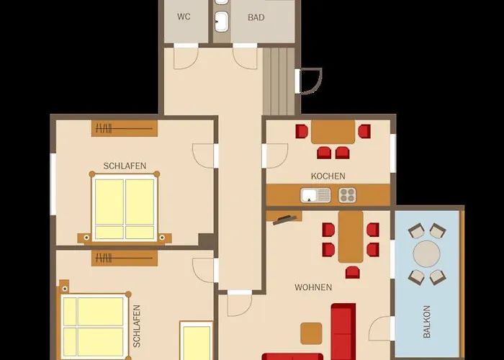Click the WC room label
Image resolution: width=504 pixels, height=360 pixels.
184,17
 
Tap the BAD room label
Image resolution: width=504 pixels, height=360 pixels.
256,17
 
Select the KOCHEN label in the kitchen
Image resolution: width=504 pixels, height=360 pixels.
328,176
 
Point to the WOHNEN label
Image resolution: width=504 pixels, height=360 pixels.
313,287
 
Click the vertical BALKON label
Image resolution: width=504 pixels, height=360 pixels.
426,321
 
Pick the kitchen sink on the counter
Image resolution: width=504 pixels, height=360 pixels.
315,195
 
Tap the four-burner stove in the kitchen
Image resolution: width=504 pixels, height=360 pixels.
347,195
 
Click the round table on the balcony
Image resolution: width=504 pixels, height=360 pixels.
426,254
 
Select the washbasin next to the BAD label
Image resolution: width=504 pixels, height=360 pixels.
222,21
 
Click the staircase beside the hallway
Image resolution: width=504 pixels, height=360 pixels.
279,81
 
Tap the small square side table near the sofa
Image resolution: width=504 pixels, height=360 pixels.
311,333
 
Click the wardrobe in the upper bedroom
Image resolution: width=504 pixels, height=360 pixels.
125,129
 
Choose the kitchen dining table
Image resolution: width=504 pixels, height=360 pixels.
333,132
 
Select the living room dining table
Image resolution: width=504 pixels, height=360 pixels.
351,237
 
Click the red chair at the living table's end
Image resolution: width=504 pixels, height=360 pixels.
353,272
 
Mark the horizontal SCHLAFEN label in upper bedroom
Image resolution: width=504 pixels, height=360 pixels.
125,166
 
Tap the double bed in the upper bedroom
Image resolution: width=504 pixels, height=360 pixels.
125,208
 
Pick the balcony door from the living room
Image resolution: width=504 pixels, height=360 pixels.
381,328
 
